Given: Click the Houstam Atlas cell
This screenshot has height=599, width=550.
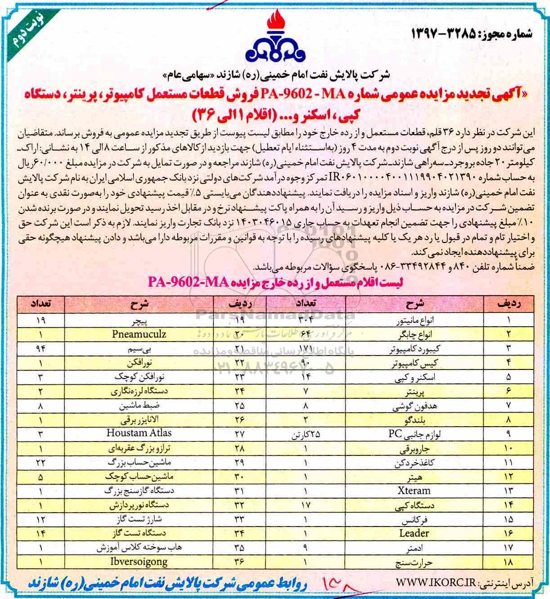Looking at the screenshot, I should (x=139, y=433).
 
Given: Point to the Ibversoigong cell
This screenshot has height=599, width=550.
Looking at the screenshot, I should (x=139, y=562).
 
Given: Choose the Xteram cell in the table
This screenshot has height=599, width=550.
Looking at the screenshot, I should (x=414, y=491).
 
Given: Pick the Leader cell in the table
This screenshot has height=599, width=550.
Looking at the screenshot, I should (x=414, y=533).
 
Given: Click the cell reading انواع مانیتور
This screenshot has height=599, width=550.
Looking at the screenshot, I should (x=414, y=321).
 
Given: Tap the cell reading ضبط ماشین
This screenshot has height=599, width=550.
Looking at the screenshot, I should (x=139, y=405).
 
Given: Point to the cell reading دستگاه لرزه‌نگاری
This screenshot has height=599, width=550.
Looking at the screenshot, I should (x=139, y=392).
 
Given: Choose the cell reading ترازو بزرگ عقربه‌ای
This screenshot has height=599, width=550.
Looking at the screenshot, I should (x=139, y=448).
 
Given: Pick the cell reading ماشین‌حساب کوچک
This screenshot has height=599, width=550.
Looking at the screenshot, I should (x=139, y=476).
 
